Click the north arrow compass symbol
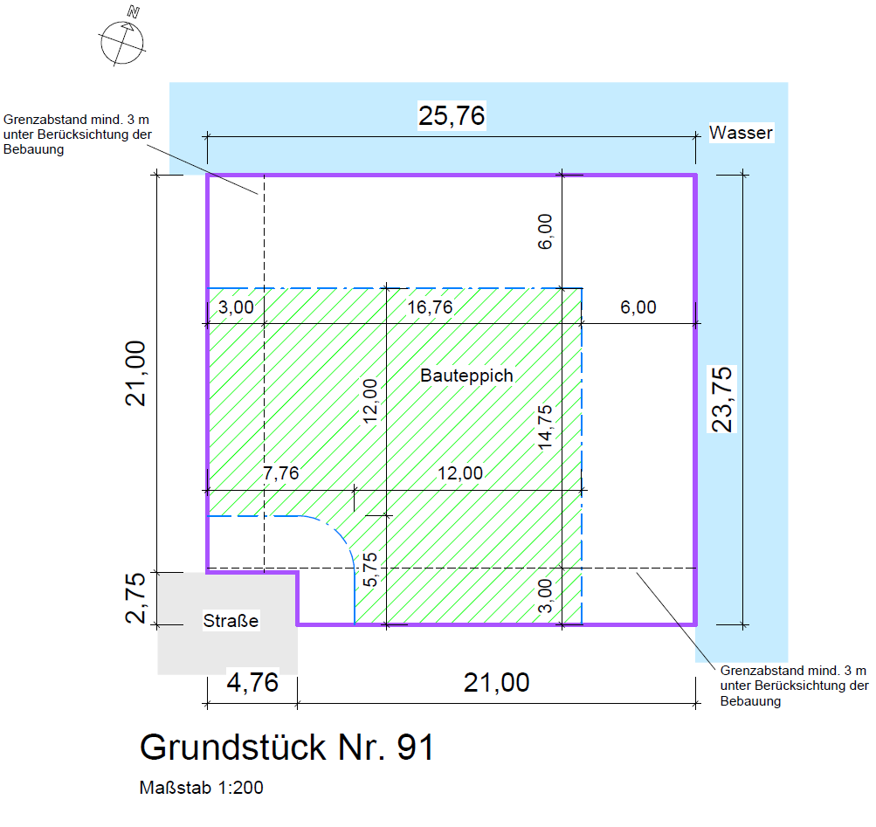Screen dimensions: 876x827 click(122, 41)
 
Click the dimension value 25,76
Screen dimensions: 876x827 click(452, 115)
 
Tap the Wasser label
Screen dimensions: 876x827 click(741, 133)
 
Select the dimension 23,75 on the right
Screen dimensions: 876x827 click(722, 399)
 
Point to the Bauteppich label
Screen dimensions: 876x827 click(466, 375)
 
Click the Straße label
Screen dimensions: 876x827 click(231, 620)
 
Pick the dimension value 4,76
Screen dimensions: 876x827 click(252, 682)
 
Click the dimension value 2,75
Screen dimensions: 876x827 click(135, 598)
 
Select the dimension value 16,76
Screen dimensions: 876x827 click(430, 307)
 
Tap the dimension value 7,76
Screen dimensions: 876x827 click(281, 472)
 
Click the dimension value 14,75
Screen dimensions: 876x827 click(545, 427)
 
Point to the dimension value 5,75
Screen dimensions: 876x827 click(369, 569)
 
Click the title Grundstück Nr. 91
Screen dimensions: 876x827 click(286, 747)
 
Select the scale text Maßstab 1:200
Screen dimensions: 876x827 click(201, 788)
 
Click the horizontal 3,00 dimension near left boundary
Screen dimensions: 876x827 click(236, 307)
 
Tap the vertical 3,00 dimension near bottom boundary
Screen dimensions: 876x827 click(545, 596)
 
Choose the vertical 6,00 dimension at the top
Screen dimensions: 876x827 click(545, 231)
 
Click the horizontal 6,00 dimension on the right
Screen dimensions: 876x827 click(638, 307)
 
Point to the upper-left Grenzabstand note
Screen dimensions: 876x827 click(78, 134)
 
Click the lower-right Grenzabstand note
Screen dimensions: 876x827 click(795, 686)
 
